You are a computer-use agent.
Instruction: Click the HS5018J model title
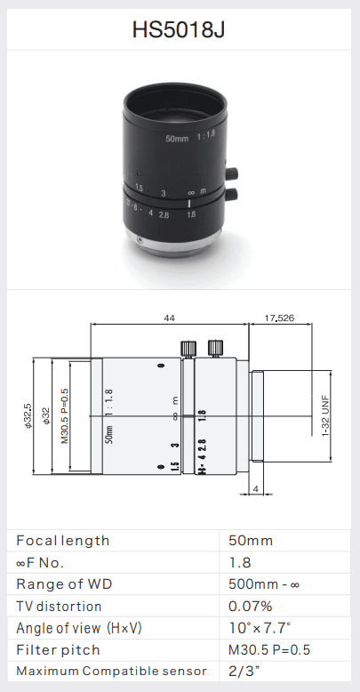[180, 30]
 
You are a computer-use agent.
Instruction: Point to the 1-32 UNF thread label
[325, 415]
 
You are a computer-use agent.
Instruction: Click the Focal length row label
[63, 540]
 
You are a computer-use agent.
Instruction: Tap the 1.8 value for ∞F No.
[240, 562]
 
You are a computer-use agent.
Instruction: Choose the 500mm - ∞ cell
[264, 584]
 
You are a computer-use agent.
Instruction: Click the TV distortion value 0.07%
[250, 606]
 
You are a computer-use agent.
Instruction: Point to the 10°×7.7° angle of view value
[259, 628]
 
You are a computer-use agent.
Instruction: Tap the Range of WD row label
[62, 584]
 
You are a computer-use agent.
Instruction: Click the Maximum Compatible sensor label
[111, 671]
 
